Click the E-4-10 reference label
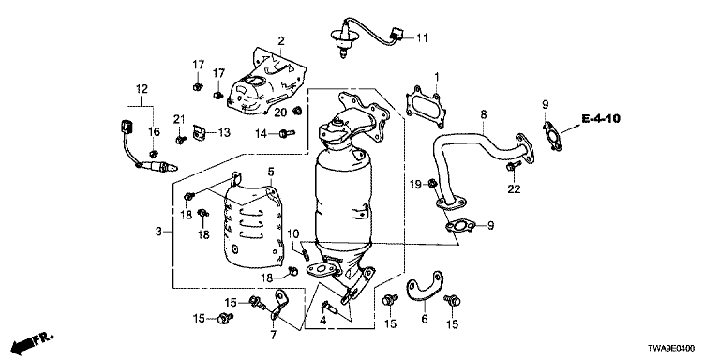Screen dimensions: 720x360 click(x=601, y=119)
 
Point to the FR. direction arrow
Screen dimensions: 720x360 click(x=32, y=341)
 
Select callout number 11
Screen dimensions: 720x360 click(x=422, y=37)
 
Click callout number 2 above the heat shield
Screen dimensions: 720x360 click(x=280, y=41)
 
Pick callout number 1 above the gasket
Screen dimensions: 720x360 click(x=436, y=77)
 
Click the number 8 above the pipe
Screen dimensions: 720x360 click(x=484, y=114)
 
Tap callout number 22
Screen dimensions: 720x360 click(x=514, y=188)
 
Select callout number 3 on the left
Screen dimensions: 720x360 click(x=158, y=232)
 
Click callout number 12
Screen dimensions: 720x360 click(x=142, y=89)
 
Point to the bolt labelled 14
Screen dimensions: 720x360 click(x=287, y=134)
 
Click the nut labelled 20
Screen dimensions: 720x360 click(x=296, y=111)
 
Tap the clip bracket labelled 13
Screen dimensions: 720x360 click(x=199, y=133)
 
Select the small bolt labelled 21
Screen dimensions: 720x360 click(x=181, y=139)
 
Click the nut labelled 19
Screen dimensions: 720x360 click(x=432, y=184)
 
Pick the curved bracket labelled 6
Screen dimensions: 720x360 click(x=425, y=287)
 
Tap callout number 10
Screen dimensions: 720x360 click(x=293, y=233)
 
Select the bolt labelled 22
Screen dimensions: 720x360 click(x=513, y=166)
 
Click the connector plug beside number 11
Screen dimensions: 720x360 click(x=397, y=34)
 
